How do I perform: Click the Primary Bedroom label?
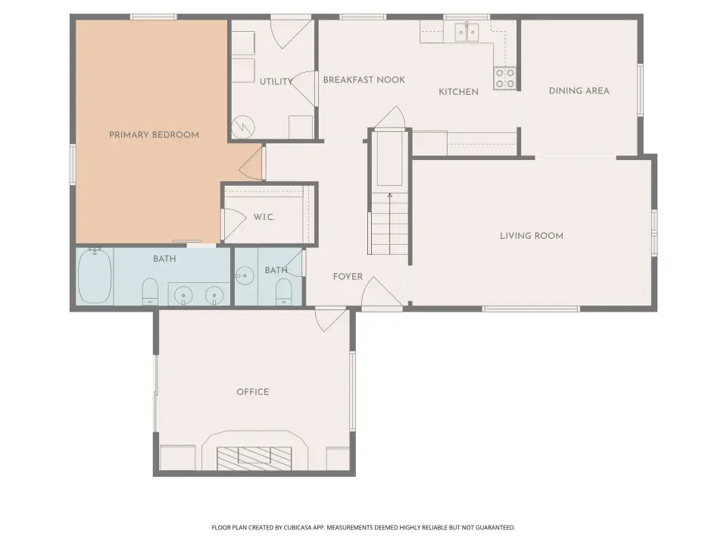154,135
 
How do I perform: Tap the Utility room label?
276,82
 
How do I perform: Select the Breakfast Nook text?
364,80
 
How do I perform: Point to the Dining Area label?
579,91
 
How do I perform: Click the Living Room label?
532,236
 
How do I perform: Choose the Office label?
253,392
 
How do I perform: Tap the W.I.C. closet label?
264,217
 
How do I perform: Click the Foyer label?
348,277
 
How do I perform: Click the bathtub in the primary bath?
95,276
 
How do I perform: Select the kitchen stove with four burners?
504,78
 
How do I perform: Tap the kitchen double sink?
466,32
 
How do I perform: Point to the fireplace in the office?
254,457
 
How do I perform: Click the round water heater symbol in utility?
243,127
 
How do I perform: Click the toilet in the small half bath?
284,292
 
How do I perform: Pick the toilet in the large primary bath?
150,291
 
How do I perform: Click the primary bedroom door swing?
251,162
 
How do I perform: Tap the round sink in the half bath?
245,276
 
